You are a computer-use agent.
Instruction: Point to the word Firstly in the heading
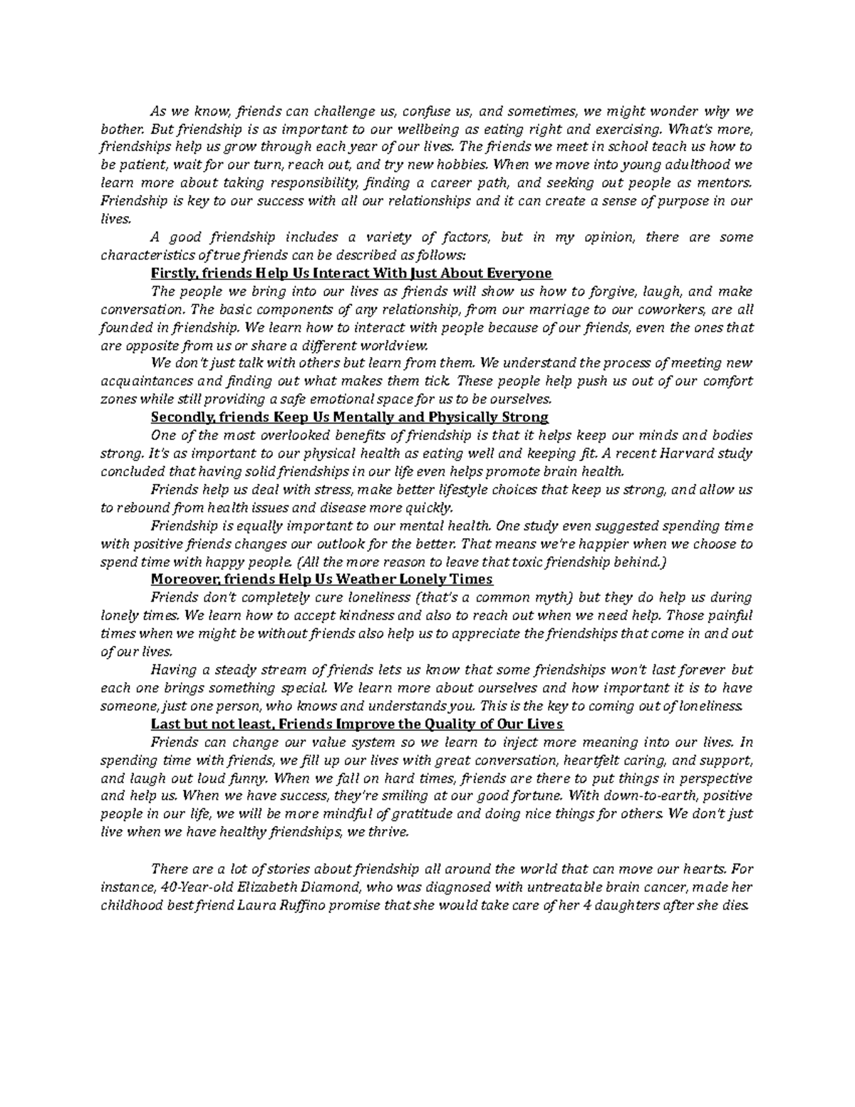[175, 273]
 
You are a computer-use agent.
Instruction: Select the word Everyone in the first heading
[524, 273]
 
